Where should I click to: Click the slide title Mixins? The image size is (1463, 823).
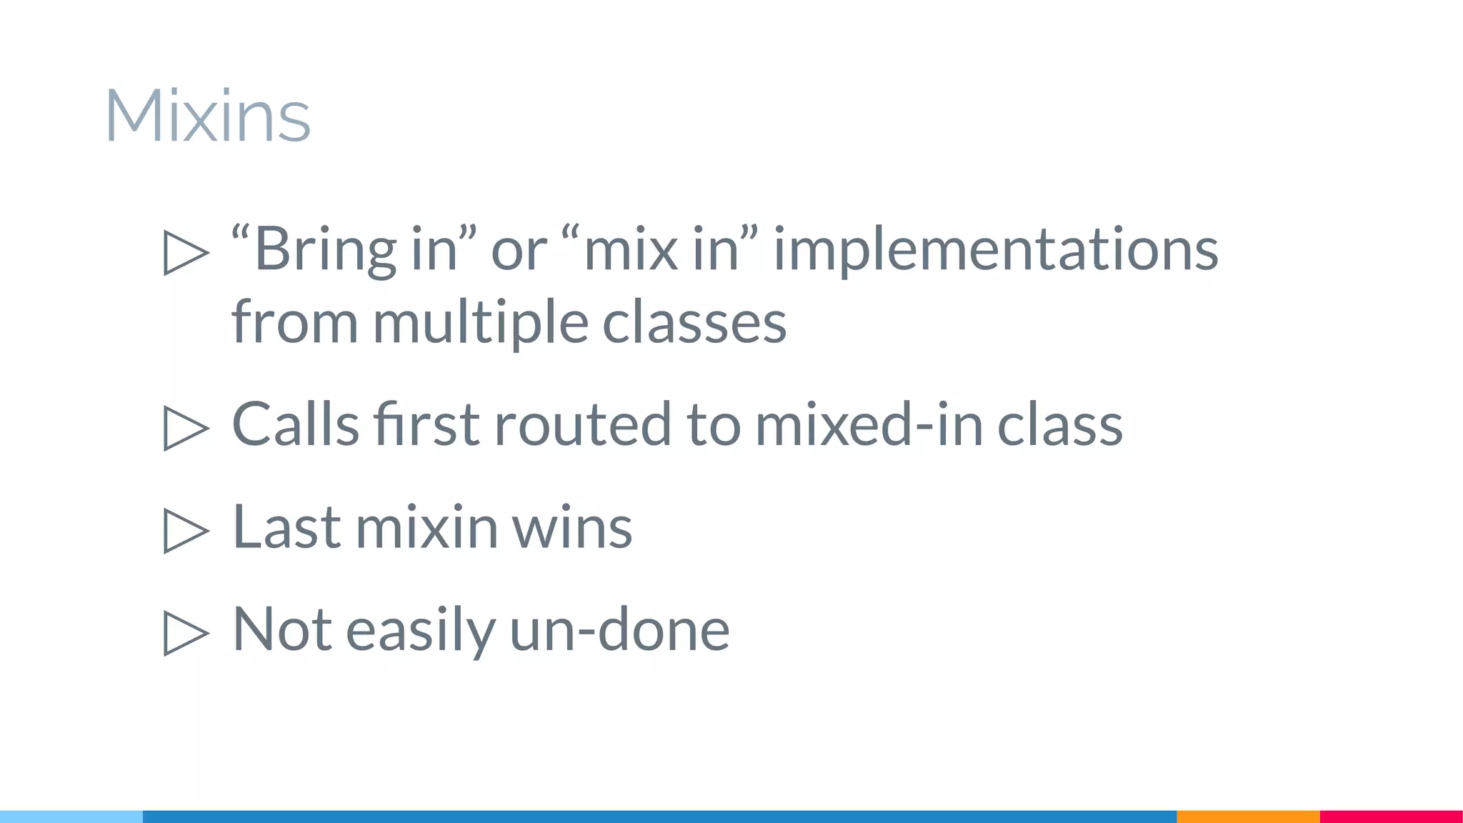pyautogui.click(x=207, y=116)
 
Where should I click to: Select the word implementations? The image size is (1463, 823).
pyautogui.click(x=996, y=249)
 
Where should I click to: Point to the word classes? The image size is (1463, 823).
pyautogui.click(x=694, y=322)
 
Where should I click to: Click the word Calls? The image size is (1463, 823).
pyautogui.click(x=295, y=424)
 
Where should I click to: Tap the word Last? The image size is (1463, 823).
pyautogui.click(x=286, y=527)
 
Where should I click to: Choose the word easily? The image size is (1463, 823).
pyautogui.click(x=420, y=629)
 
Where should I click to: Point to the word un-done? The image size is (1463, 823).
pyautogui.click(x=619, y=629)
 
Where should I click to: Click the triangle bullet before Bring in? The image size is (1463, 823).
pyautogui.click(x=186, y=252)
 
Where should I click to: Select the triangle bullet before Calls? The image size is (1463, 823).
pyautogui.click(x=186, y=428)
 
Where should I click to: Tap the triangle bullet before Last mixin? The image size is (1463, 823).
pyautogui.click(x=186, y=531)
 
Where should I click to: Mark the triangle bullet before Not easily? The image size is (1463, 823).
pyautogui.click(x=186, y=633)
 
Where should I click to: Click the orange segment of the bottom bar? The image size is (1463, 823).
pyautogui.click(x=1248, y=817)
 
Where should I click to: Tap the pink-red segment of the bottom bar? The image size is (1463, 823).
pyautogui.click(x=1391, y=817)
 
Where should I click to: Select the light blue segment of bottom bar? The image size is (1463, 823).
pyautogui.click(x=71, y=817)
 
